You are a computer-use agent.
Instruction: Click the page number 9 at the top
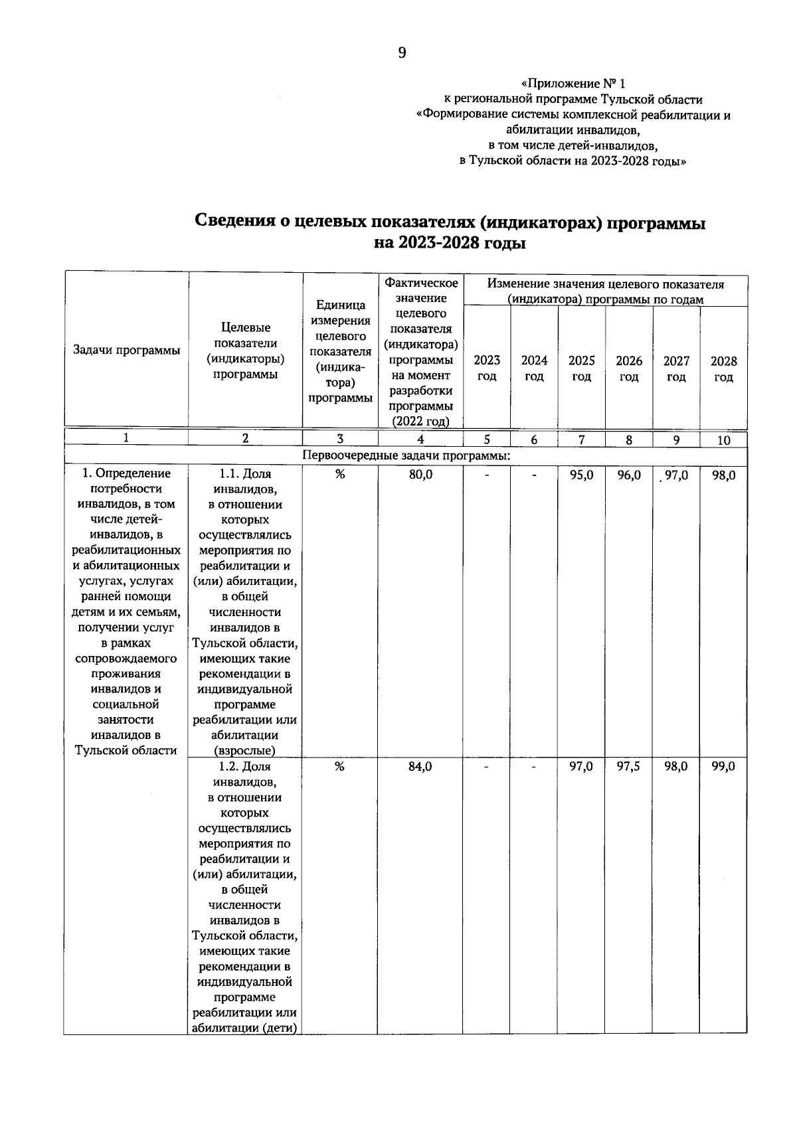[x=402, y=53]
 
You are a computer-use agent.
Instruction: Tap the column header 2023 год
[x=487, y=368]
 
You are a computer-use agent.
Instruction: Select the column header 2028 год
[x=723, y=369]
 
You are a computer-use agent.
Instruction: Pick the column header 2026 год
[x=629, y=368]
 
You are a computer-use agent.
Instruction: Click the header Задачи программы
[x=126, y=351]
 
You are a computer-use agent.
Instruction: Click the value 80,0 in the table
[x=420, y=475]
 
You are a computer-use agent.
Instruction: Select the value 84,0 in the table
[x=420, y=767]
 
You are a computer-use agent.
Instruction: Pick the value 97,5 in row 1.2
[x=629, y=767]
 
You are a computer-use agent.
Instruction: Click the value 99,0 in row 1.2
[x=723, y=767]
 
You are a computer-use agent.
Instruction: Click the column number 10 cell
[x=723, y=440]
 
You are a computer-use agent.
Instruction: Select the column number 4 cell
[x=420, y=439]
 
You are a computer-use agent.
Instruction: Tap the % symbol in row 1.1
[x=340, y=474]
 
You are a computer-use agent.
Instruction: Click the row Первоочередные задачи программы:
[x=406, y=456]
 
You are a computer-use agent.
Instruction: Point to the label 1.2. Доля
[x=244, y=767]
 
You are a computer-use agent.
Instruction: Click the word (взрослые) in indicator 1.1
[x=244, y=751]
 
